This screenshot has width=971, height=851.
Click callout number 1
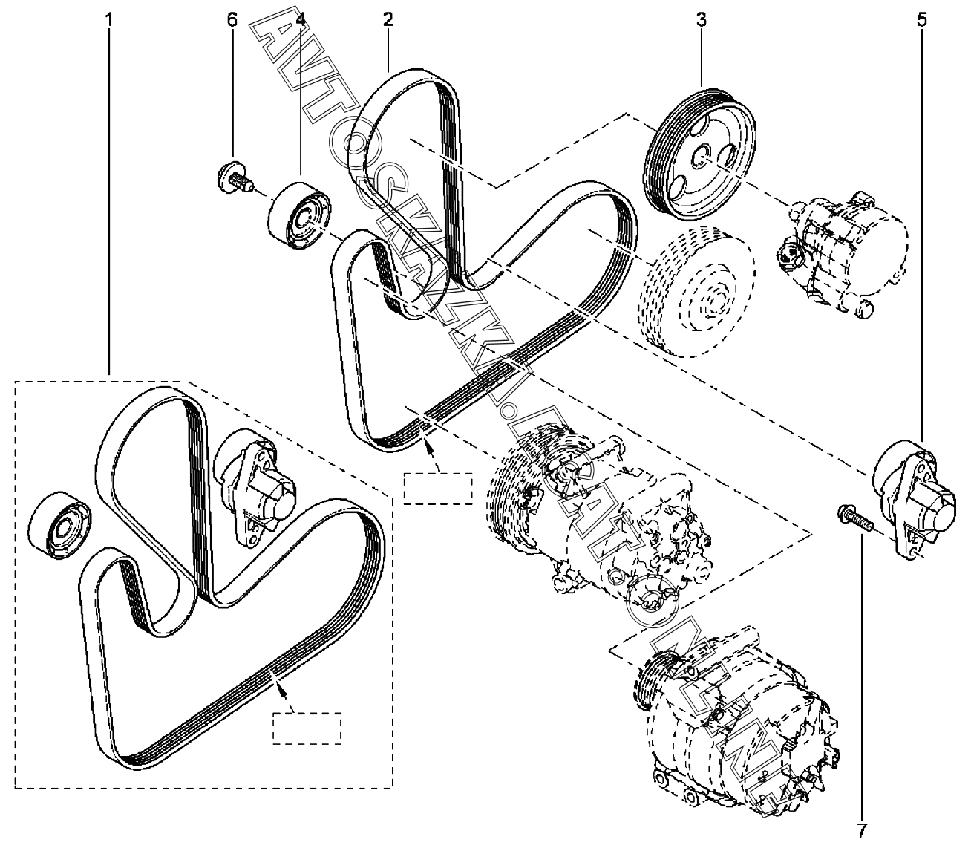coord(109,20)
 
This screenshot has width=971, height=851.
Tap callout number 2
coord(388,19)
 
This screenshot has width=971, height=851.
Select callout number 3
coord(702,20)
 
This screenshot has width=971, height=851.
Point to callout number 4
coord(301,20)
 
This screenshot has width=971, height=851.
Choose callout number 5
coord(922,20)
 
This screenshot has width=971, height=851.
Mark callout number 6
coord(232,20)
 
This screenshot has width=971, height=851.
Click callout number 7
coord(862,830)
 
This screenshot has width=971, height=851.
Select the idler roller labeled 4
coord(299,215)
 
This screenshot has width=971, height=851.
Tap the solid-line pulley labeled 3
coord(699,154)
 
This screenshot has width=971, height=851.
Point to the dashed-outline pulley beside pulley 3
coord(696,292)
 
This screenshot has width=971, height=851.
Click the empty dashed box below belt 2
coord(437,488)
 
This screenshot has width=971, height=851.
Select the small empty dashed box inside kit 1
coord(307,728)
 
